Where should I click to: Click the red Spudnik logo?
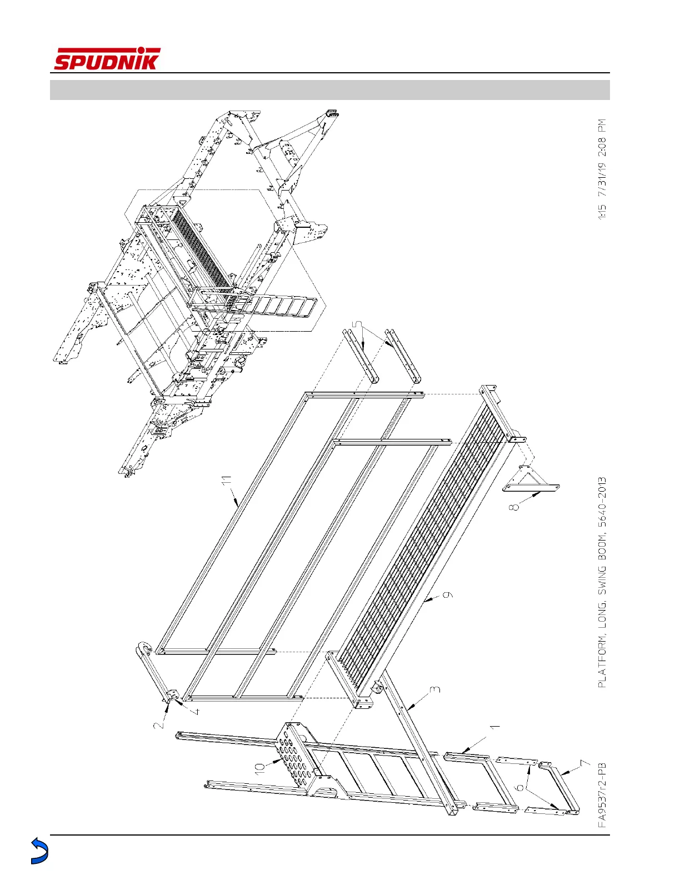pos(107,59)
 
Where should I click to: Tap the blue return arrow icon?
pos(39,851)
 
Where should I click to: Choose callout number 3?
pos(436,690)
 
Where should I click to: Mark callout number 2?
pos(159,724)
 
